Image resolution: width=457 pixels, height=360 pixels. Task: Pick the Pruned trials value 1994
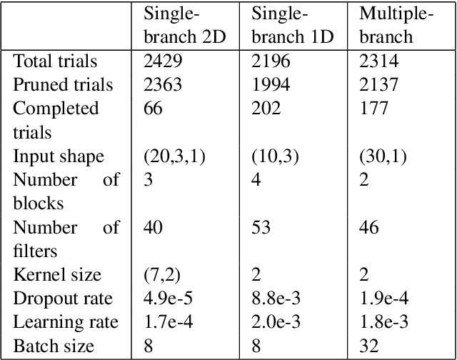[x=271, y=85]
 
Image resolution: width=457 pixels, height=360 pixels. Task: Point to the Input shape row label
[x=59, y=156]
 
